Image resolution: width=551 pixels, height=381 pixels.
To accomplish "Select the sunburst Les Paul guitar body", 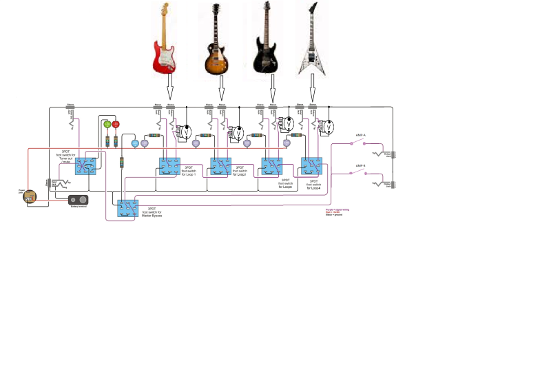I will (218, 61).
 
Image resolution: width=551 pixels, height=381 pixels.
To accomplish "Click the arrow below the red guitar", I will (170, 89).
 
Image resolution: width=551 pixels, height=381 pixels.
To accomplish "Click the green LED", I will (107, 124).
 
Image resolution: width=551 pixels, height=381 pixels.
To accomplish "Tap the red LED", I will (116, 124).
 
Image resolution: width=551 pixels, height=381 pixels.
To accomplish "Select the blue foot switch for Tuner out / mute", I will (87, 165).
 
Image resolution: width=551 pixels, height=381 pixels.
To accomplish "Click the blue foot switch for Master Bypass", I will (127, 208).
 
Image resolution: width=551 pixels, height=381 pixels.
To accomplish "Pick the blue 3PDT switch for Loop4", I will (311, 166).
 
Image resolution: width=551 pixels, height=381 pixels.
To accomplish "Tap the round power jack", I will (29, 197).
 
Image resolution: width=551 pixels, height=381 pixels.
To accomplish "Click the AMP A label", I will (360, 135).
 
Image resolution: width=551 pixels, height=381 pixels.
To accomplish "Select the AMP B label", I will (360, 165).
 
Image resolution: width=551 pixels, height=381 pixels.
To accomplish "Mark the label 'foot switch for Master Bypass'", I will (152, 212).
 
